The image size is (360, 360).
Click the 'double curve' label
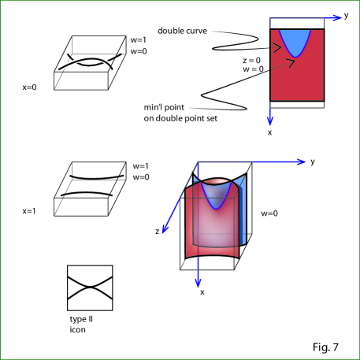pyautogui.click(x=182, y=31)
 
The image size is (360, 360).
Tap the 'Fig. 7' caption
pyautogui.click(x=325, y=347)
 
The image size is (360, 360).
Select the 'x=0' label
pyautogui.click(x=29, y=87)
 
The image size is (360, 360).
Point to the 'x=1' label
pyautogui.click(x=29, y=211)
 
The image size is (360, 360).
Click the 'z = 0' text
pyautogui.click(x=251, y=61)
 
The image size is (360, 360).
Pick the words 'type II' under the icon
pyautogui.click(x=81, y=320)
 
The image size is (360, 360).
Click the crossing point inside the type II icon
pyautogui.click(x=90, y=288)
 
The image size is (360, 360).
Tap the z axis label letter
pyautogui.click(x=157, y=232)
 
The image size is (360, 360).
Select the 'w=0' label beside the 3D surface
pyautogui.click(x=269, y=213)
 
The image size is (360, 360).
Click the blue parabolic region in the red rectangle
pyautogui.click(x=295, y=42)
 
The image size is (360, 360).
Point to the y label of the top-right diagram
pyautogui.click(x=346, y=16)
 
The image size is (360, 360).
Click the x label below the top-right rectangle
pyautogui.click(x=269, y=132)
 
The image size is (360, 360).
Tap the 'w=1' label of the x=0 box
pyautogui.click(x=139, y=40)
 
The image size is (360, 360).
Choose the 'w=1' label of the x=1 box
pyautogui.click(x=141, y=166)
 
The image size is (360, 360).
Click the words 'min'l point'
pyautogui.click(x=164, y=107)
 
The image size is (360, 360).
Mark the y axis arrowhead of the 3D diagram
pyautogui.click(x=302, y=161)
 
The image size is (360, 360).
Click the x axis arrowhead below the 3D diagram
pyautogui.click(x=199, y=283)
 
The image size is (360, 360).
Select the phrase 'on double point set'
pyautogui.click(x=180, y=118)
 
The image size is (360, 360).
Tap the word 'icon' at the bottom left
pyautogui.click(x=77, y=329)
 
